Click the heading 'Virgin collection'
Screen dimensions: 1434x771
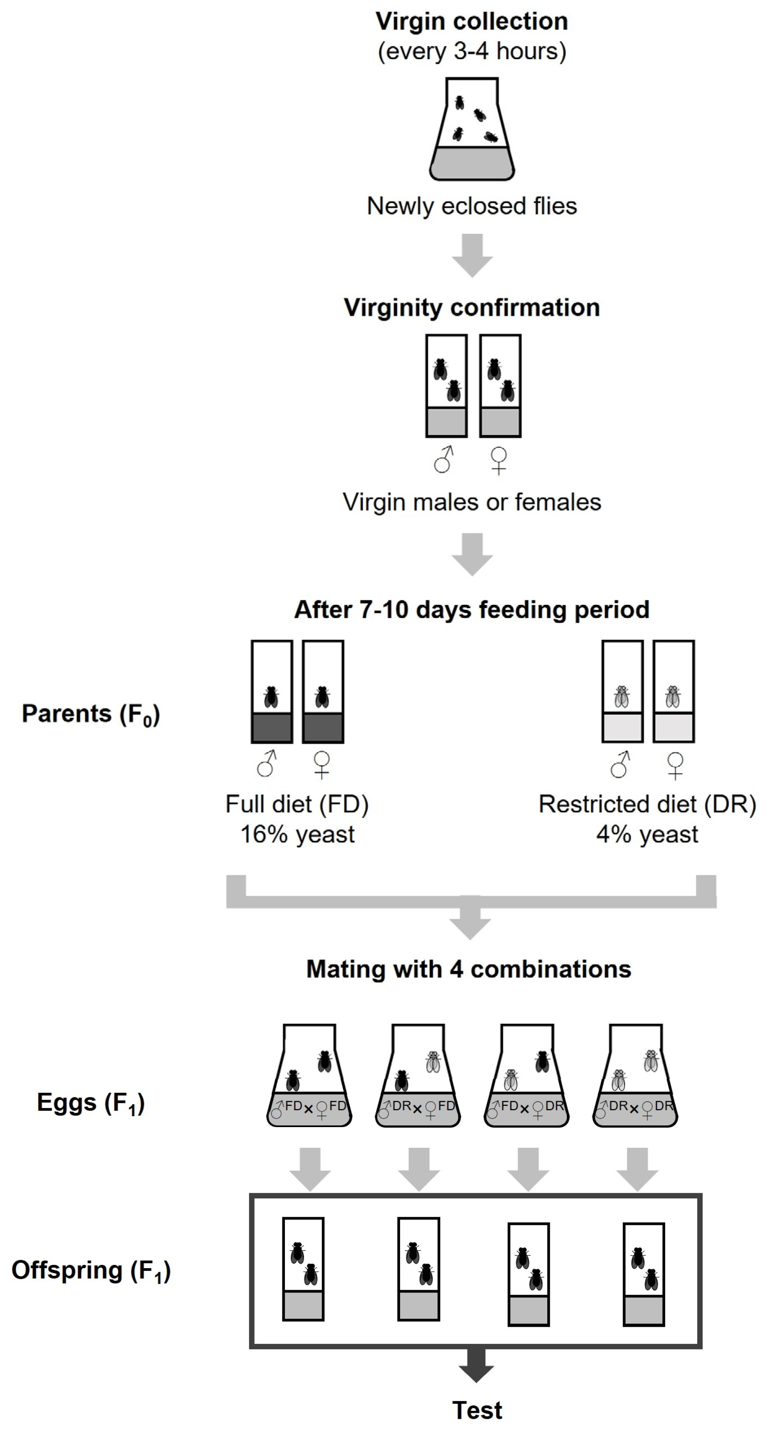[x=471, y=22]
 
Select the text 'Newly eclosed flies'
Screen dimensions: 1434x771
[x=471, y=206]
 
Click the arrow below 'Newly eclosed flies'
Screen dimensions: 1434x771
[x=472, y=255]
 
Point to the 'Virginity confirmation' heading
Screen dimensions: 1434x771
[x=471, y=308]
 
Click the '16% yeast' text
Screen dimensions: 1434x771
[x=297, y=834]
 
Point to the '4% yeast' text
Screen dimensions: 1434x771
[x=647, y=834]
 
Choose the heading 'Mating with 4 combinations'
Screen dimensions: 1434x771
[x=469, y=969]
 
